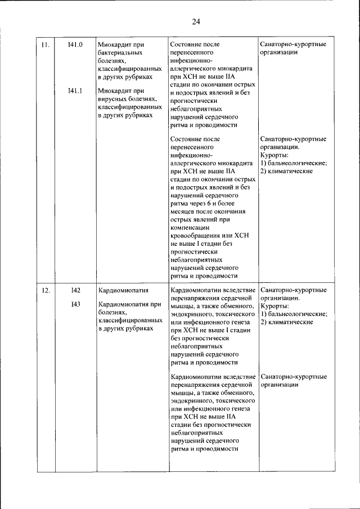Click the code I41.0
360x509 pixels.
75,44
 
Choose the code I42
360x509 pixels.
75,290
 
